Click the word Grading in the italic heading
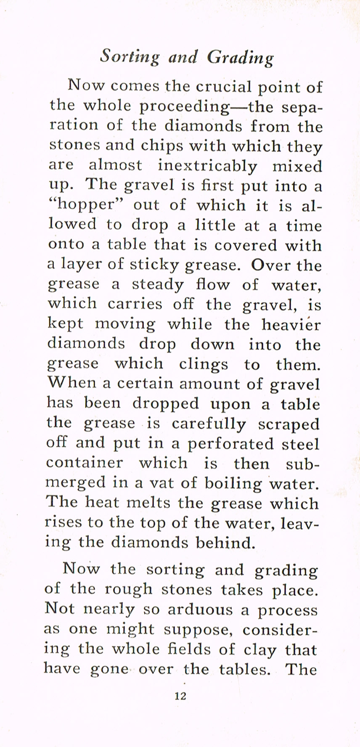tap(241, 57)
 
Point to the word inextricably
tap(207, 166)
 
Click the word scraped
tap(289, 424)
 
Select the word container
tap(85, 463)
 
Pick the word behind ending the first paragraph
tap(225, 543)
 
